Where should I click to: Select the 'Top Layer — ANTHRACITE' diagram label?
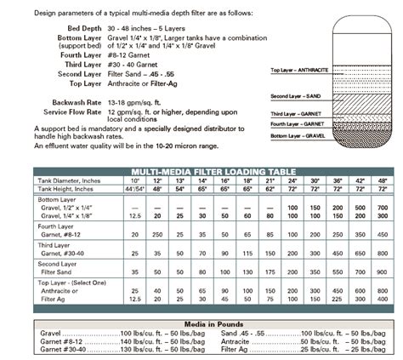300,70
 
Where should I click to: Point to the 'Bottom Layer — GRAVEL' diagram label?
298,135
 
